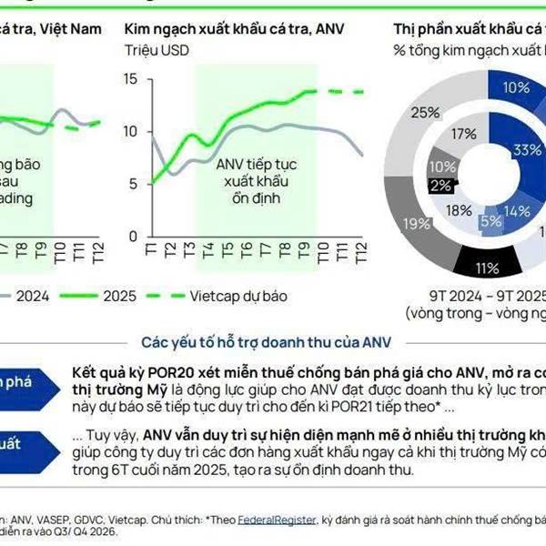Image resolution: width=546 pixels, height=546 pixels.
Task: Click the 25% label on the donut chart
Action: pos(424,113)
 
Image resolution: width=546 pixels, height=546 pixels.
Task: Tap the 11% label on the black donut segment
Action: pos(486,268)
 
